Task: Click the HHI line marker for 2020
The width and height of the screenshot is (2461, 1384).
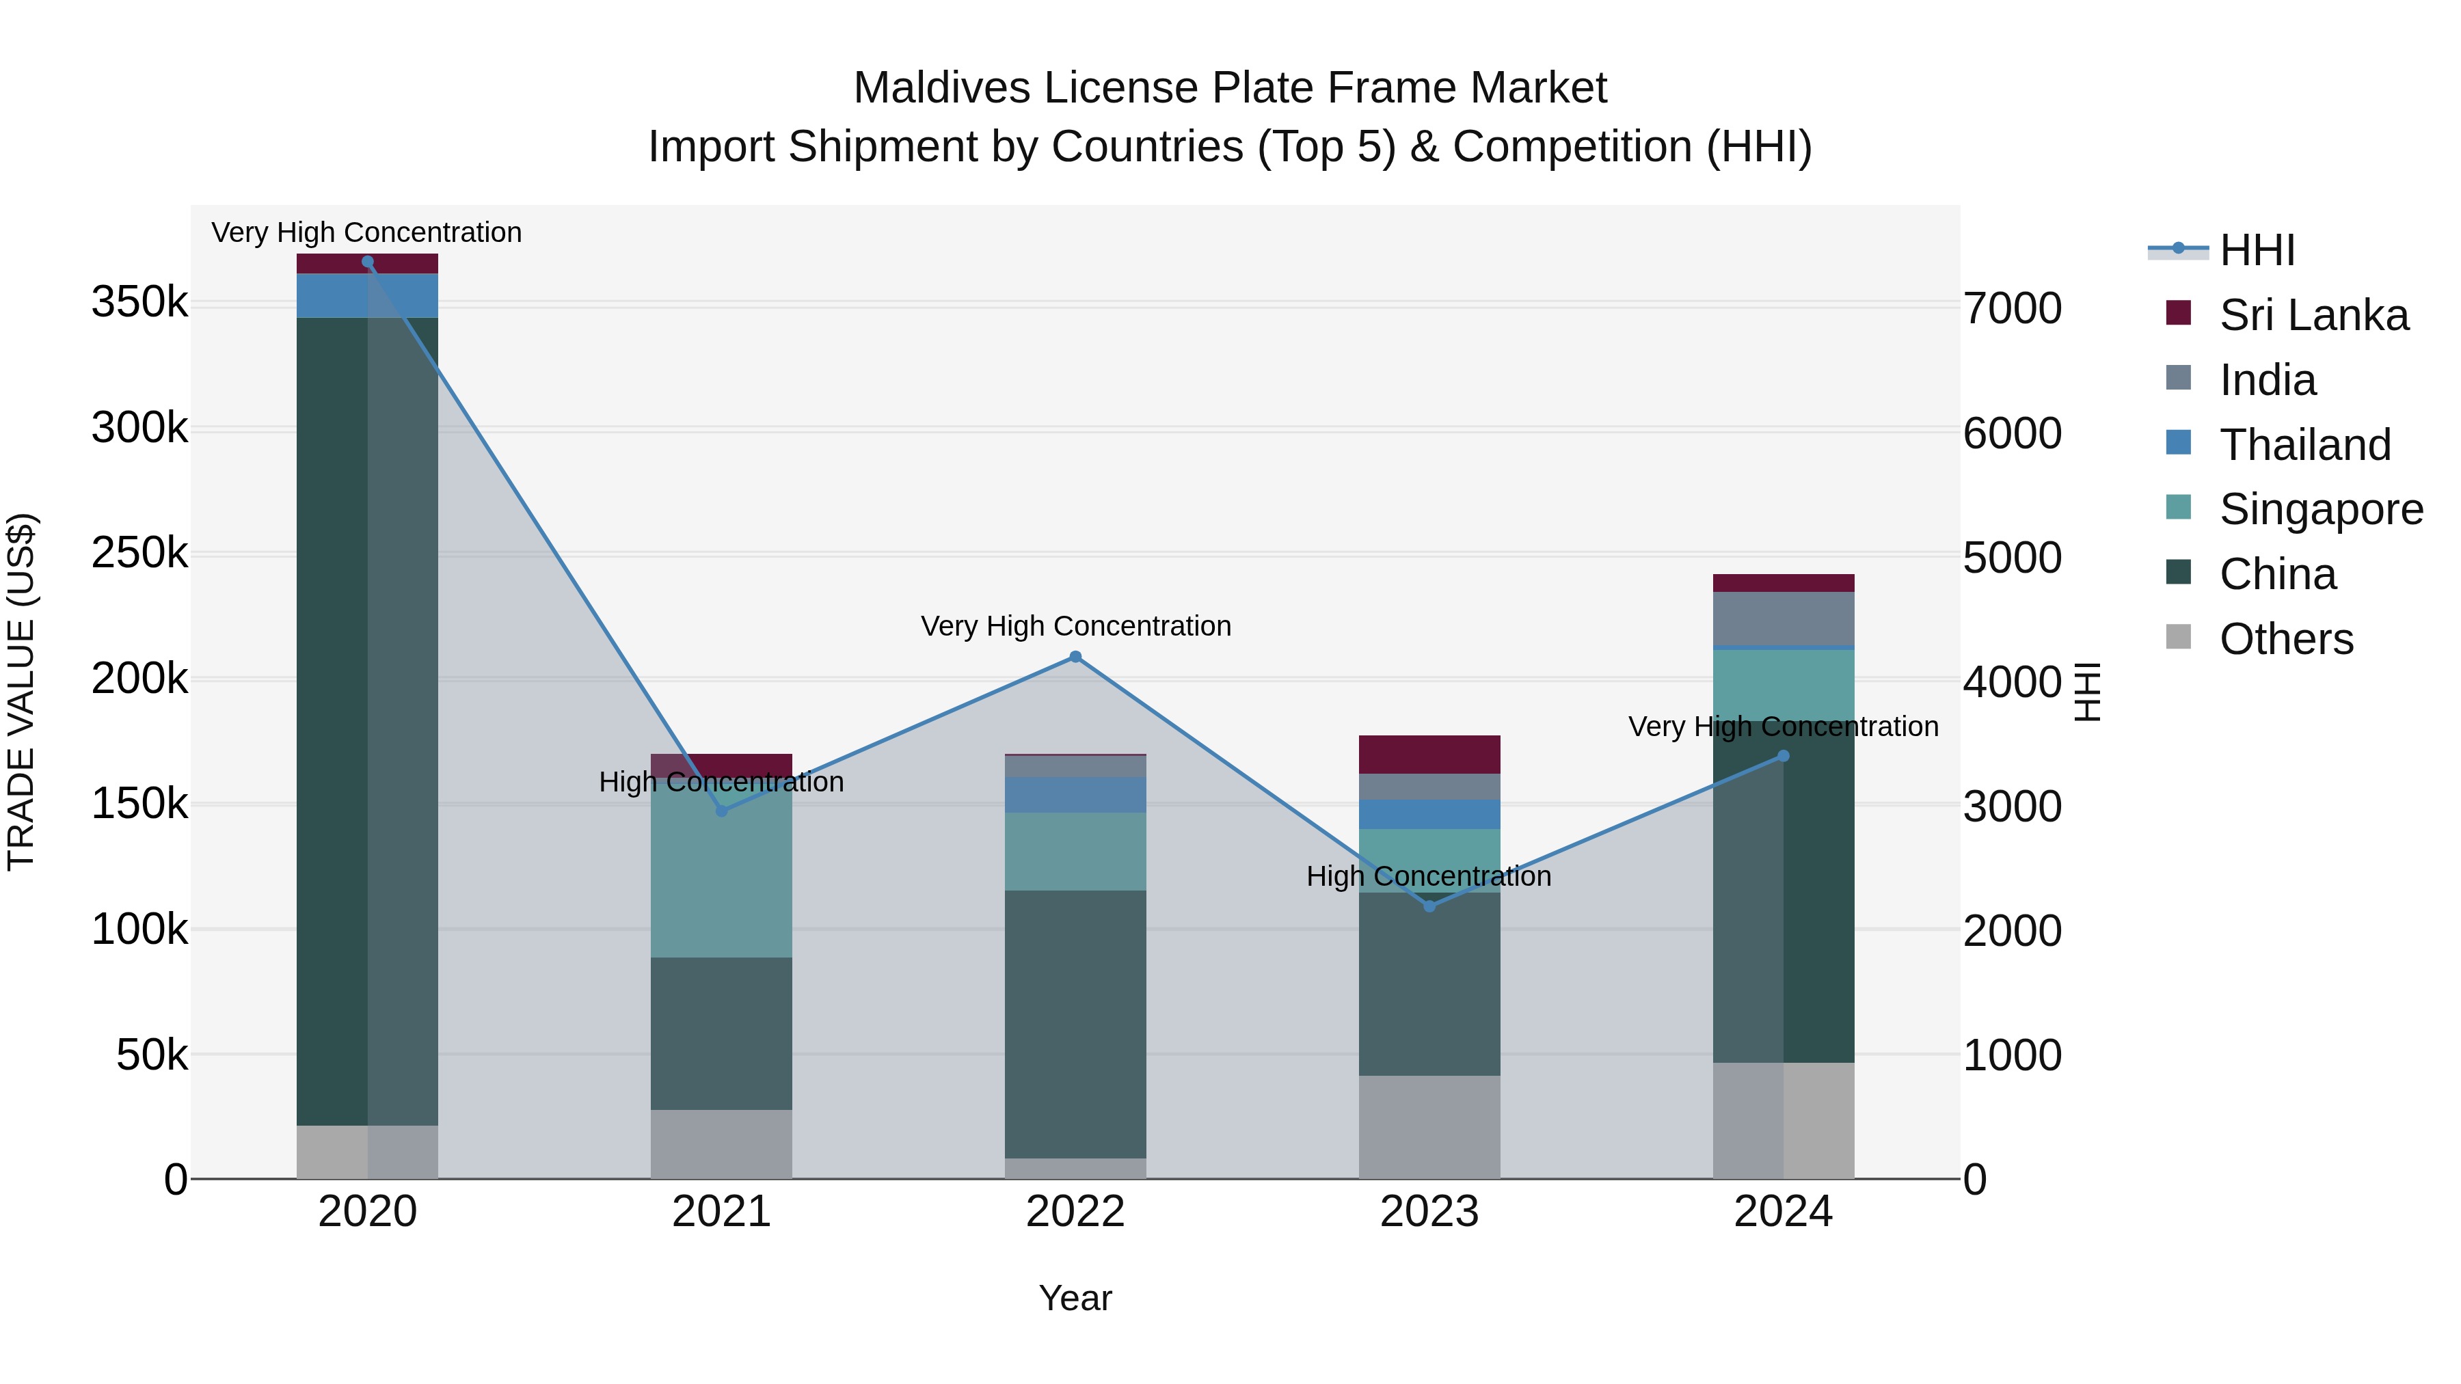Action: (368, 262)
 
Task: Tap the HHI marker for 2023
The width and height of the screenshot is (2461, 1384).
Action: (1429, 906)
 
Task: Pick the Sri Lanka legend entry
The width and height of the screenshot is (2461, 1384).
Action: (2313, 315)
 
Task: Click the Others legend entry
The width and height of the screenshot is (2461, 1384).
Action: (2286, 639)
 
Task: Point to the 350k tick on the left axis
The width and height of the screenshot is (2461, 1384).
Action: (139, 303)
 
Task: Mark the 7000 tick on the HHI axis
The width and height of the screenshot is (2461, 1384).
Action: (2012, 308)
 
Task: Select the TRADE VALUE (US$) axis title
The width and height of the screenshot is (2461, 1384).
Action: (21, 692)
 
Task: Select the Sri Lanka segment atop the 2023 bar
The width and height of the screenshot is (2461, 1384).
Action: (1429, 755)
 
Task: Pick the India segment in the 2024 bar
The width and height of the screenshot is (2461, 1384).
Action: (1783, 619)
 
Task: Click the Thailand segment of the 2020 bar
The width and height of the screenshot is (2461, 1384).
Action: (368, 296)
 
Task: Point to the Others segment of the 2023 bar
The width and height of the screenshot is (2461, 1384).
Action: (1429, 1127)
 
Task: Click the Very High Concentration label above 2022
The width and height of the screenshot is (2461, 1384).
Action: (1076, 627)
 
